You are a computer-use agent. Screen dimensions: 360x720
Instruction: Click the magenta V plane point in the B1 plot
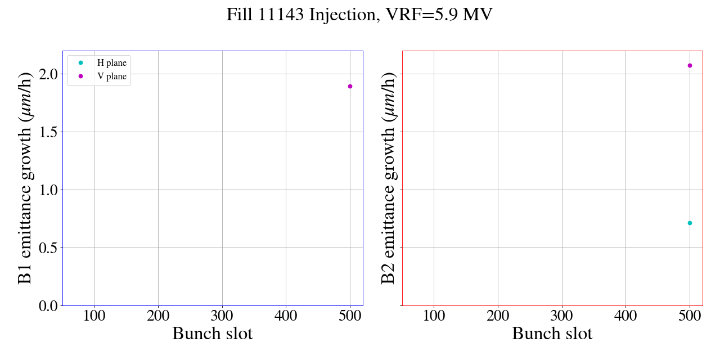click(350, 86)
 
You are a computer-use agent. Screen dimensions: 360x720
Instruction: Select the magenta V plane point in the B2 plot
click(690, 65)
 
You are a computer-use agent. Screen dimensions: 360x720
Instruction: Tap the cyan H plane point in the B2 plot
click(690, 223)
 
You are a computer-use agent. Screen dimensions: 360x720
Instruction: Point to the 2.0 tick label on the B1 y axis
click(49, 74)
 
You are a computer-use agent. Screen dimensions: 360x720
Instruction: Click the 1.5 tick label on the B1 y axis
click(49, 132)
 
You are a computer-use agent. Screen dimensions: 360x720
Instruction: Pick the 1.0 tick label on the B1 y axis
click(49, 190)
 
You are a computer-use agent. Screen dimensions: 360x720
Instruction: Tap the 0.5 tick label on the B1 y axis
click(49, 248)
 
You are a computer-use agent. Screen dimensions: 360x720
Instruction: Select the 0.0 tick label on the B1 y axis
click(49, 306)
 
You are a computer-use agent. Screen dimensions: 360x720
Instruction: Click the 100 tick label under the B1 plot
click(94, 316)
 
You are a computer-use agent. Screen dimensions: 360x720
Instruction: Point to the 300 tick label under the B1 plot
click(222, 316)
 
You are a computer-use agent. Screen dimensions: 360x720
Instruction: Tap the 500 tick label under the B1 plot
click(350, 316)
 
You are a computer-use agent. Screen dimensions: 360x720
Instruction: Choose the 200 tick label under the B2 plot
click(498, 316)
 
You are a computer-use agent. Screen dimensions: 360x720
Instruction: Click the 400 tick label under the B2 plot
click(625, 316)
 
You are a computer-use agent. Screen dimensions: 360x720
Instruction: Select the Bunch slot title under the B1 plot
click(213, 334)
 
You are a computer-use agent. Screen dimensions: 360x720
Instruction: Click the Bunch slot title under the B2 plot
click(552, 334)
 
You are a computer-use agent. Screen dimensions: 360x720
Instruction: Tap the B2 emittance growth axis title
click(389, 178)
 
